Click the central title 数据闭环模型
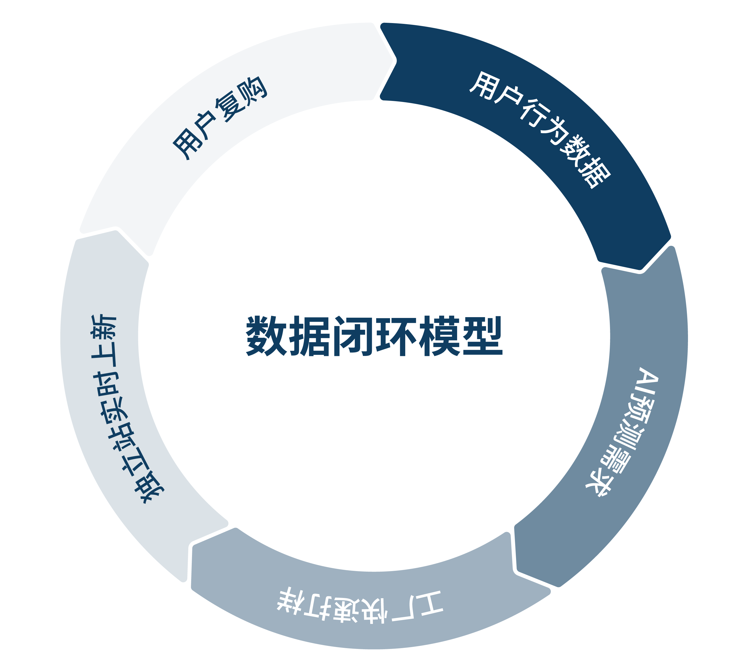click(x=374, y=336)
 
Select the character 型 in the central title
click(x=483, y=336)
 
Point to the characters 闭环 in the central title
click(x=374, y=336)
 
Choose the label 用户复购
click(x=220, y=118)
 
